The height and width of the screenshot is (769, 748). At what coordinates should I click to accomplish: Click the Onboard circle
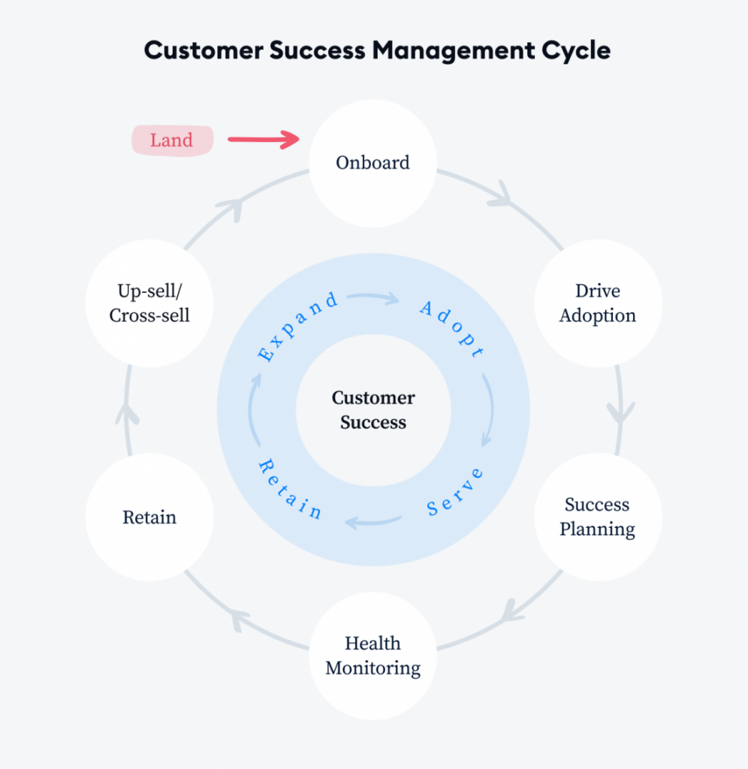tap(372, 163)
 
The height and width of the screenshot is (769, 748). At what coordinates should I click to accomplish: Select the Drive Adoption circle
tap(598, 303)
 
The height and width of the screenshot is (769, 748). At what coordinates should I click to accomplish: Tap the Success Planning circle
tap(598, 517)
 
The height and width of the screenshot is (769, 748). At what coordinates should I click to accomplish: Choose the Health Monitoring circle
tap(372, 656)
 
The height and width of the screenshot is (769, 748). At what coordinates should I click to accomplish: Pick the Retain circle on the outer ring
tap(149, 517)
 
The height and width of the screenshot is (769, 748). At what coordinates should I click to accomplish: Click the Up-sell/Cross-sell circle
tap(149, 303)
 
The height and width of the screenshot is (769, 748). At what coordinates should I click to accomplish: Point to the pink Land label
tap(172, 140)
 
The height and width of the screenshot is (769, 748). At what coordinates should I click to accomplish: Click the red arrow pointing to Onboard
tap(264, 140)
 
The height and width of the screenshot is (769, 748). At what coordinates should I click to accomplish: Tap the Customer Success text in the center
tap(373, 410)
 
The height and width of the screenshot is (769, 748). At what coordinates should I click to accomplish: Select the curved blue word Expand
tap(297, 326)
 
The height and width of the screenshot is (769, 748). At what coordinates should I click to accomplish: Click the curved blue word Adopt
tap(452, 327)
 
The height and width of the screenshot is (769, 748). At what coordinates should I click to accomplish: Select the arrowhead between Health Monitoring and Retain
tap(239, 619)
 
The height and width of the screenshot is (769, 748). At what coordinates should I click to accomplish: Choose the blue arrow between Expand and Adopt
tap(372, 297)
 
